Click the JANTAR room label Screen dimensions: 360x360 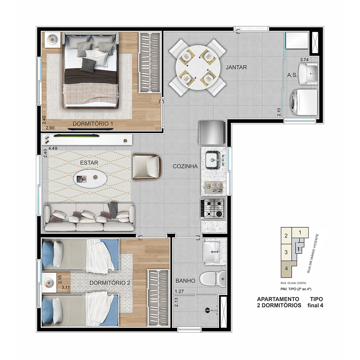click(236, 67)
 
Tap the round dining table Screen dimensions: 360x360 click(198, 67)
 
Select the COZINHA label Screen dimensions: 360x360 click(185, 166)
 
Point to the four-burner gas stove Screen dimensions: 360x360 click(212, 208)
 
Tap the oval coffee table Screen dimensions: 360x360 click(90, 178)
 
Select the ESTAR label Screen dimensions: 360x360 click(89, 163)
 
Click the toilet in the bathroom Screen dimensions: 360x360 click(213, 279)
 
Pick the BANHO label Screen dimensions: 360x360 click(185, 281)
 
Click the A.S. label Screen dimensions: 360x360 click(292, 75)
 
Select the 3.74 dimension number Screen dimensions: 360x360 click(304, 60)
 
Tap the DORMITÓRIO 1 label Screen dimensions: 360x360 click(93, 124)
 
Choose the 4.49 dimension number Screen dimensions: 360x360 click(53, 148)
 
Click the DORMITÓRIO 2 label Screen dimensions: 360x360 click(110, 283)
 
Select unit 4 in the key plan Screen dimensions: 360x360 click(286, 268)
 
